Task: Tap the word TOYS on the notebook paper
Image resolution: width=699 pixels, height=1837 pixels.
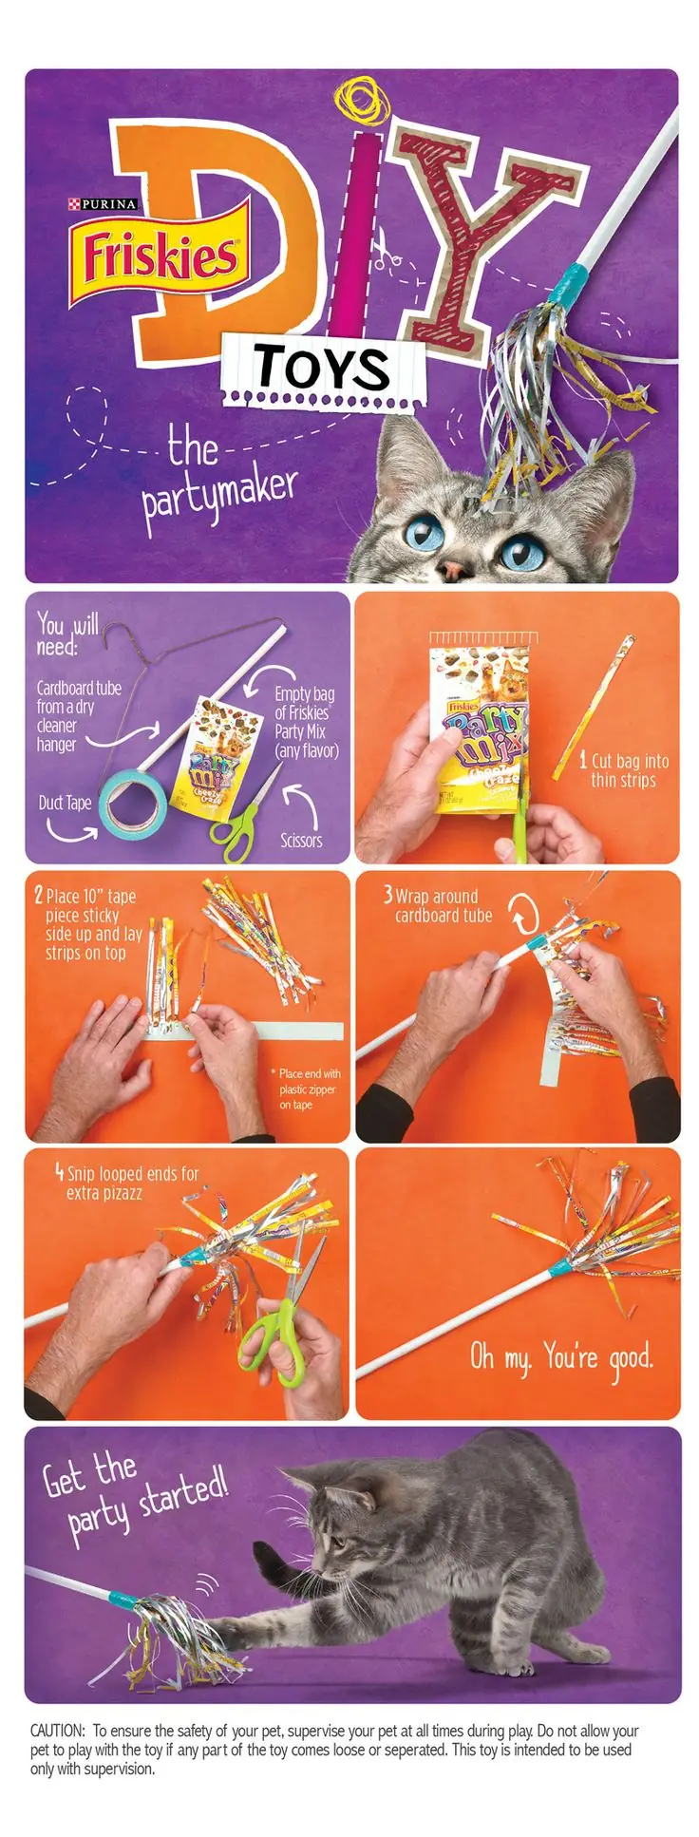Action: (322, 368)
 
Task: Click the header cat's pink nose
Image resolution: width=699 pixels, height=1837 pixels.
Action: (455, 569)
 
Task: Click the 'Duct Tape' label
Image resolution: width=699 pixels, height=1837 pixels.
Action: (65, 803)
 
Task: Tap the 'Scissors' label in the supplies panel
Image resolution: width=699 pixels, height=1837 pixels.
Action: (301, 840)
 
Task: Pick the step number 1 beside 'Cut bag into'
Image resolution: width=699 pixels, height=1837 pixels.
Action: (583, 760)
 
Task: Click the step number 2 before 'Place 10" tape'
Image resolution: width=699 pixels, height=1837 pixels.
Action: (39, 895)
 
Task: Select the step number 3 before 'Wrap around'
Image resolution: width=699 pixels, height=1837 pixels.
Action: (387, 894)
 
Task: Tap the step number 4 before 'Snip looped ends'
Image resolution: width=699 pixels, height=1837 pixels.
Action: (60, 1173)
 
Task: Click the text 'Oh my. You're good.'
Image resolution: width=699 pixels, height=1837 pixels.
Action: (562, 1357)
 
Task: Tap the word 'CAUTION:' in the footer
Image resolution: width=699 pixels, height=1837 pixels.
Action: (58, 1730)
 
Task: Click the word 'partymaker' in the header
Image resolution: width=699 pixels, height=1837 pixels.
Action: (220, 495)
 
